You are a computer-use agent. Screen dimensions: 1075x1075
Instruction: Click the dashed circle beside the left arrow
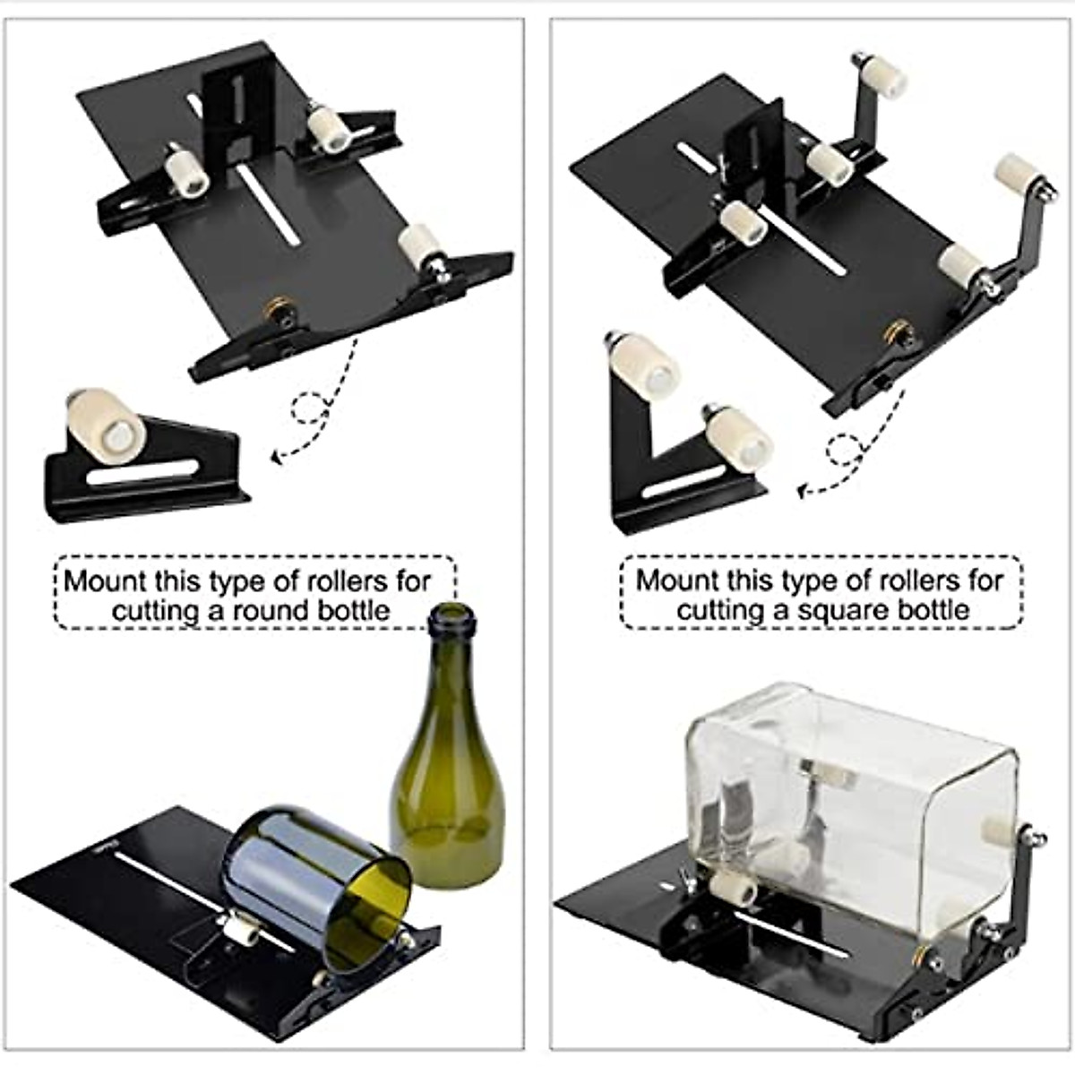pos(310,409)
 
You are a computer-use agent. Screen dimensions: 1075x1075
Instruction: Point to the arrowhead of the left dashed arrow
pos(277,457)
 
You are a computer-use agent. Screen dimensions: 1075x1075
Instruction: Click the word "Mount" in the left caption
pos(104,580)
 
